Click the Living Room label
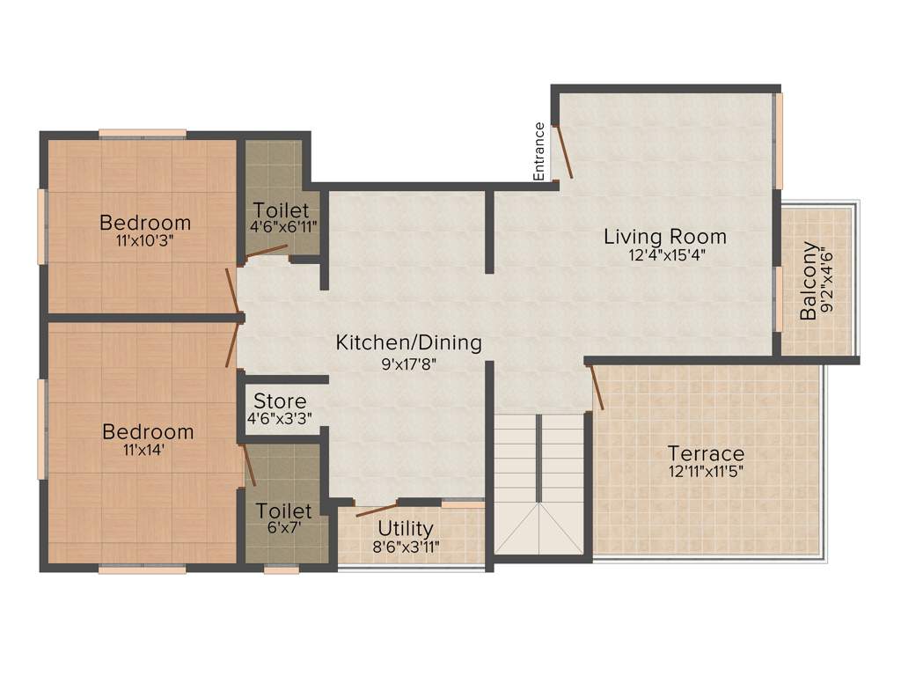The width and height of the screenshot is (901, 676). pos(665,236)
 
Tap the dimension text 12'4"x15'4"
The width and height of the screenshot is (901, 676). pos(666,255)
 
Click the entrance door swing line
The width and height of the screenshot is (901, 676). pos(564,150)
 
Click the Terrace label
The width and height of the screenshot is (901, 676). pos(706,454)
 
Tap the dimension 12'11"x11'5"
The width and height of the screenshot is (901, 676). pos(706,472)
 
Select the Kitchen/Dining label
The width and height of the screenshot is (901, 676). pos(409,342)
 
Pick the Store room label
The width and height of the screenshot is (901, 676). pos(280,401)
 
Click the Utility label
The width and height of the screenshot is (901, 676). pos(406,528)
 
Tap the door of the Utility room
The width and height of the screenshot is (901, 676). pos(376,509)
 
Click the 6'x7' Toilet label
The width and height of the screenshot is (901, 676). pos(284,511)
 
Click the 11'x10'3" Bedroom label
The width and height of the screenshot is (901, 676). pos(145,222)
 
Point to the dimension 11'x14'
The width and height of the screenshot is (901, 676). pos(148,450)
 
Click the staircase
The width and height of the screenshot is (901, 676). pos(539,484)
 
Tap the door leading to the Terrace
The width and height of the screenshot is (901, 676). pos(596,387)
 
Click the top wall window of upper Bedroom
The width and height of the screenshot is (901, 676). pos(142,134)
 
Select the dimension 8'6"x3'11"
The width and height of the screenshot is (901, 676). pos(406,546)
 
